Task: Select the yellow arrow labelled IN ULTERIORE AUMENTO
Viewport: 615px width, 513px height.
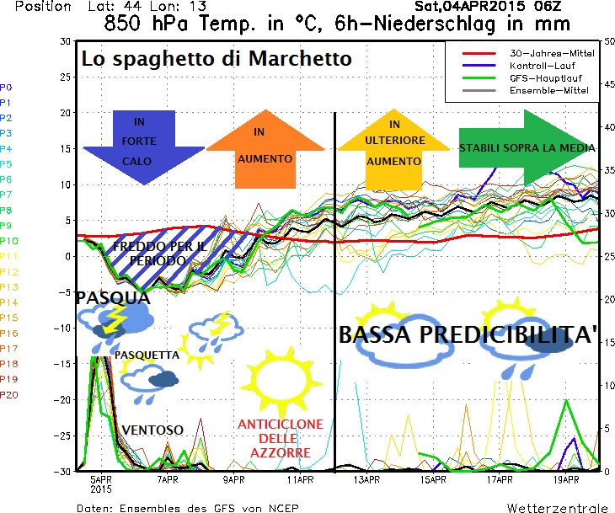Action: click(x=393, y=148)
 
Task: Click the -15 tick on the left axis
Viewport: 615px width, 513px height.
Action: click(x=61, y=363)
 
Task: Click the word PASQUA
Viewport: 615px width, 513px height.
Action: click(x=112, y=298)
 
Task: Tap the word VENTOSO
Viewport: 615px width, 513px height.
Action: click(x=152, y=430)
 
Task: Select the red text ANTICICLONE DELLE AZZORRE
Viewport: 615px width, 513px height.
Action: click(x=275, y=438)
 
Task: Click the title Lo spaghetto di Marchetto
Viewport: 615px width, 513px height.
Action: click(x=217, y=60)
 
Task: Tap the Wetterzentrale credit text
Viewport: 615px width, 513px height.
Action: click(x=556, y=508)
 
